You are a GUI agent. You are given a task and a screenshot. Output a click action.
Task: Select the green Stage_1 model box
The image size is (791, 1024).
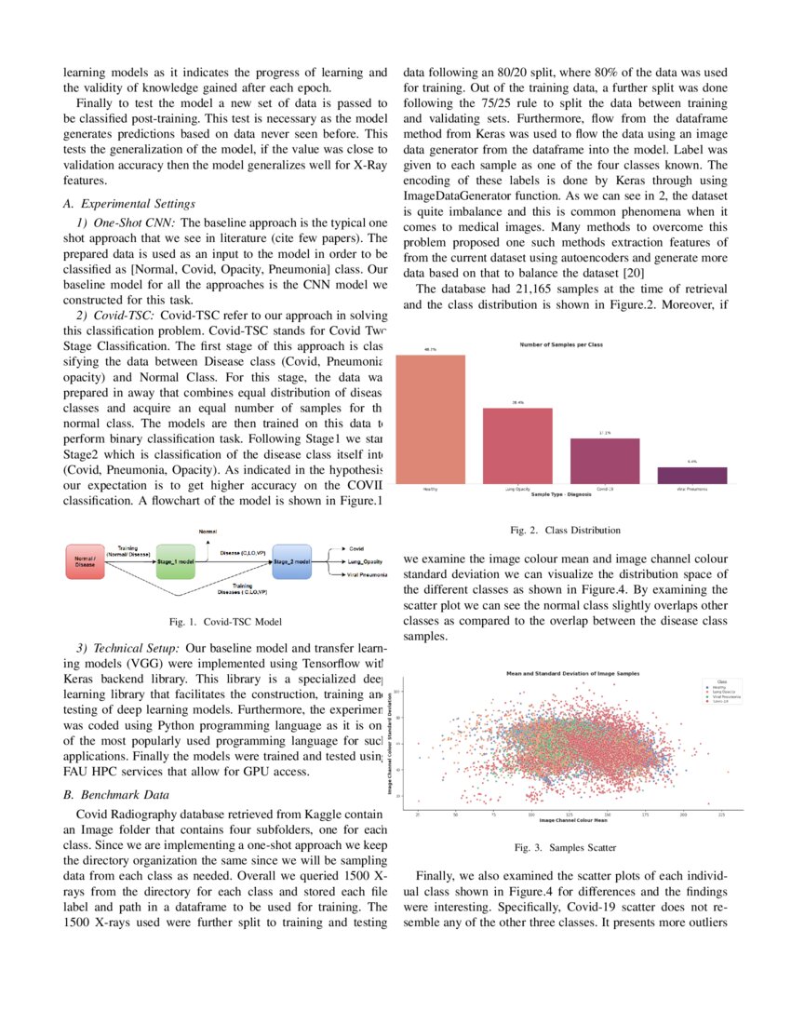pyautogui.click(x=175, y=563)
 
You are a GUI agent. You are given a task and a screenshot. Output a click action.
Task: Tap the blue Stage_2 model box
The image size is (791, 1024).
pyautogui.click(x=291, y=563)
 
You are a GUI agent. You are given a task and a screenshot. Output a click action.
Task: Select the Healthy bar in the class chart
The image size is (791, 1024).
pyautogui.click(x=431, y=418)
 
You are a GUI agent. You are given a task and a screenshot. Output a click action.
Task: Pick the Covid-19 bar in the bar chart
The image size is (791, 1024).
pyautogui.click(x=604, y=460)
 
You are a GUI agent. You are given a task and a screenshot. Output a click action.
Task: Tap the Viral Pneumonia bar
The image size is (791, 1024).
pyautogui.click(x=691, y=474)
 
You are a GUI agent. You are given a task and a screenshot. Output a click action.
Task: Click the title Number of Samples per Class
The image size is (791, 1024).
pyautogui.click(x=560, y=345)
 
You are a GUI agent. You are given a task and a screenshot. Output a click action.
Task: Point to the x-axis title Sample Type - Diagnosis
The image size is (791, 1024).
pyautogui.click(x=560, y=494)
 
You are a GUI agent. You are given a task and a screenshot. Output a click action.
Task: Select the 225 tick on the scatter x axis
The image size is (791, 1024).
pyautogui.click(x=721, y=814)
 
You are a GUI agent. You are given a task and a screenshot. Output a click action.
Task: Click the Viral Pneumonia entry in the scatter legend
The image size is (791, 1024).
pyautogui.click(x=728, y=695)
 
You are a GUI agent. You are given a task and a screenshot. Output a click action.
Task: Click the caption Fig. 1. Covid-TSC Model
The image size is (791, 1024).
pyautogui.click(x=223, y=621)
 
